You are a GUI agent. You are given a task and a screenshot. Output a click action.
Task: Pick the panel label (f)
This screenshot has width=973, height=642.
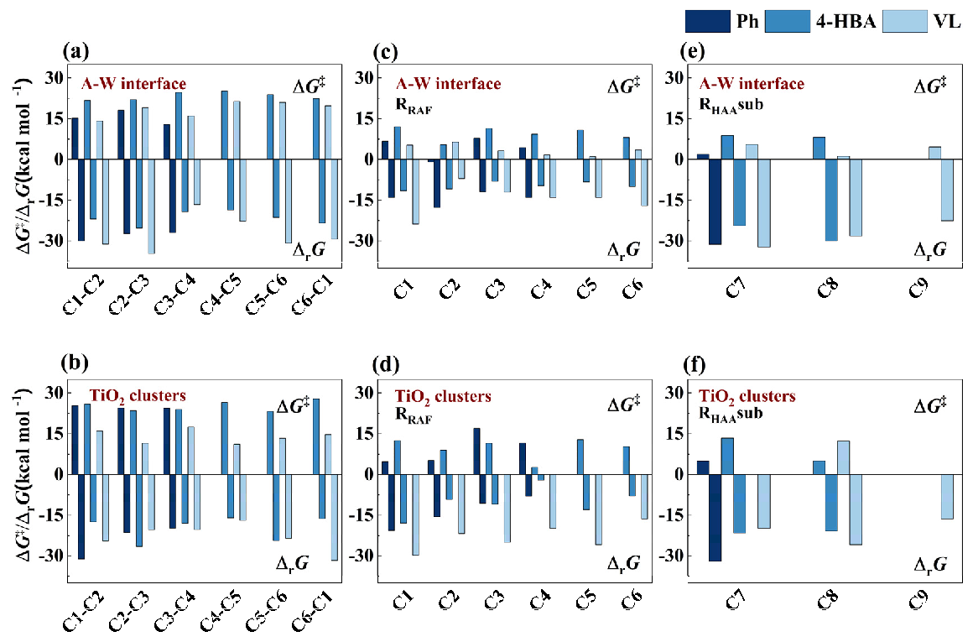coord(698,366)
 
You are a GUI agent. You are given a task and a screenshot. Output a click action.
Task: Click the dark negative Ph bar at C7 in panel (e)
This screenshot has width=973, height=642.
coord(715,201)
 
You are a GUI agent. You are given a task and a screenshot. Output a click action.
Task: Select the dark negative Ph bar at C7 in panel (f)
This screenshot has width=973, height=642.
coord(715,517)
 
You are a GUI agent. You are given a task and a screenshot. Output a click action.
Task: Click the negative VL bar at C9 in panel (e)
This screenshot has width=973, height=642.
coord(947,190)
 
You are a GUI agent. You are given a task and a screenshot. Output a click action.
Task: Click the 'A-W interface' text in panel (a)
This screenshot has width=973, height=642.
coord(133,84)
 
